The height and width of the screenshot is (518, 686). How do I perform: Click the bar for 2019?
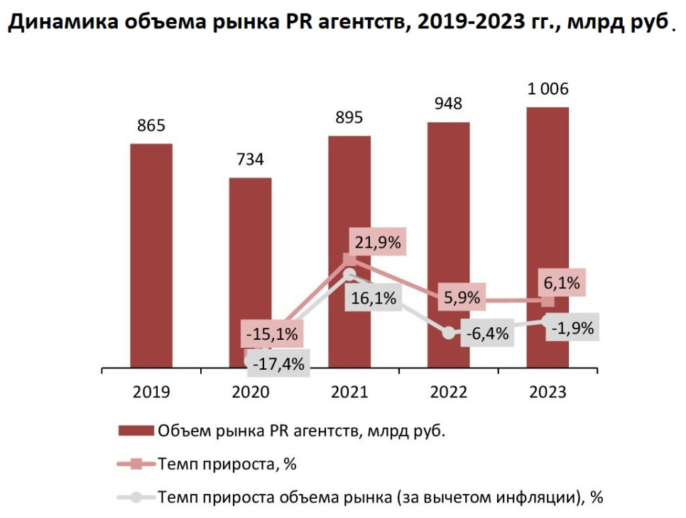tap(151, 255)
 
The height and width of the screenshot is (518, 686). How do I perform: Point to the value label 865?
tap(151, 126)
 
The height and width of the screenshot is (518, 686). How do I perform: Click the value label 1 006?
tap(548, 89)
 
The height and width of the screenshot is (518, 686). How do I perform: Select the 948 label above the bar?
tap(448, 104)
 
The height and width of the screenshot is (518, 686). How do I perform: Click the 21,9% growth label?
tap(376, 243)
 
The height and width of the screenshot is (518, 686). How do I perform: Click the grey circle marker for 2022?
tap(448, 332)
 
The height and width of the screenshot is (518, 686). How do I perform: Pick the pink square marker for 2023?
tap(548, 302)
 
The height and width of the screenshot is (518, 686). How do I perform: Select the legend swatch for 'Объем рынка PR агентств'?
tap(135, 431)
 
